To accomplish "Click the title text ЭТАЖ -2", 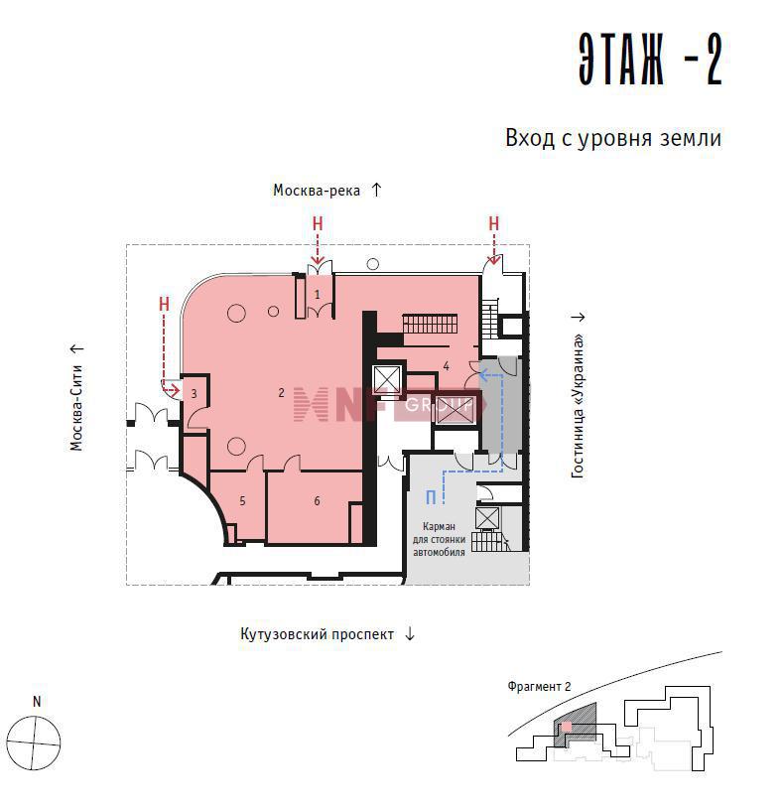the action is [650, 60].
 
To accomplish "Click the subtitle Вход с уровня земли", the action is [613, 138].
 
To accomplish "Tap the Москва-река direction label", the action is [317, 191].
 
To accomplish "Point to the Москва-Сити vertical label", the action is [76, 408].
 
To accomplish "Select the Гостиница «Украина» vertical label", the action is [579, 407].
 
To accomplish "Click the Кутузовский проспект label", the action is [317, 634].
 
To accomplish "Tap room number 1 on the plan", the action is [318, 295].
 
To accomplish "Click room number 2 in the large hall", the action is [281, 393].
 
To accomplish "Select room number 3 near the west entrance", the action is [194, 394].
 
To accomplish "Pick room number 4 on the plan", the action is [446, 366].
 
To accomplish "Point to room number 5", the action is [242, 500].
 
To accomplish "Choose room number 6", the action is [317, 500].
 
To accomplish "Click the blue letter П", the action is [431, 497].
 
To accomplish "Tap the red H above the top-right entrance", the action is [493, 223].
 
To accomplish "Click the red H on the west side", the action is [164, 304].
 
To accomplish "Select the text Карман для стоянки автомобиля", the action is [439, 539].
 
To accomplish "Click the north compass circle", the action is [34, 743].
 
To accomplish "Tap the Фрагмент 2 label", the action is [539, 686].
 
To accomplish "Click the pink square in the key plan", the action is [567, 726].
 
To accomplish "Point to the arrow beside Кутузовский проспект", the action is [410, 633].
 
